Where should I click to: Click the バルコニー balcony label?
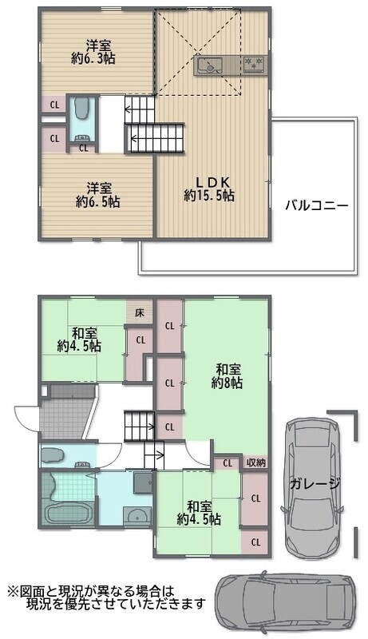[316, 205]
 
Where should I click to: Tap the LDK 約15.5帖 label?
[209, 189]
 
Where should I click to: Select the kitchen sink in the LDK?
[208, 65]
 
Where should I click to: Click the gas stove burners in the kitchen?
[255, 64]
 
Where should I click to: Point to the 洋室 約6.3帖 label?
[93, 52]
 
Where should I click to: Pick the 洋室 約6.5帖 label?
[97, 195]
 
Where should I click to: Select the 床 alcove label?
[140, 313]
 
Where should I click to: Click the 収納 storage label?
[255, 462]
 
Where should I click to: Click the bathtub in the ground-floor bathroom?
[66, 514]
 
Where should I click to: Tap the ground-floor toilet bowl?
[53, 454]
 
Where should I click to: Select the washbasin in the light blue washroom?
[137, 516]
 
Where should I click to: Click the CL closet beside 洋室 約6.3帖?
[54, 105]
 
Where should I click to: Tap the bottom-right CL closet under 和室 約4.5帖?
[255, 542]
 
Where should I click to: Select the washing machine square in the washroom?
[142, 483]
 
